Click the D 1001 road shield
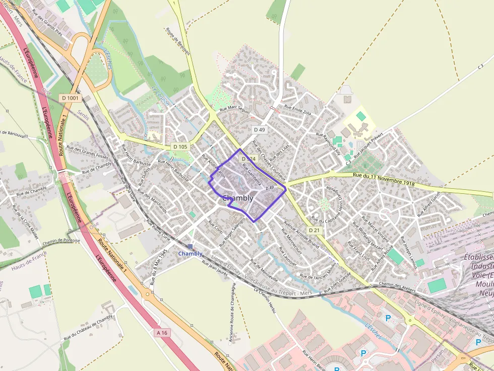(70, 98)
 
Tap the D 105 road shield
(180, 146)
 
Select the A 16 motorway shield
(161, 333)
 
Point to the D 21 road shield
(314, 230)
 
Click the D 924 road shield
(249, 159)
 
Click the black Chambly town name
(237, 198)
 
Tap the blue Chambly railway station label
(190, 254)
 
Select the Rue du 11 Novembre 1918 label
(384, 180)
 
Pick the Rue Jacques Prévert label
(369, 143)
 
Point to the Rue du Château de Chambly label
(88, 328)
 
